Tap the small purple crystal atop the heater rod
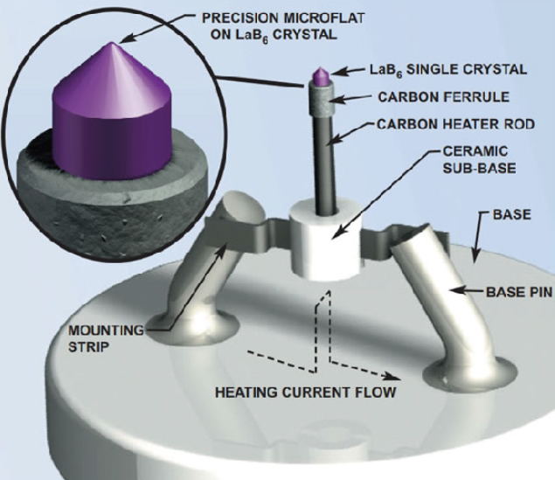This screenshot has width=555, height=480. [x=320, y=78]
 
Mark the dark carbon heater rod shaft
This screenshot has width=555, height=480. [x=325, y=157]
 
